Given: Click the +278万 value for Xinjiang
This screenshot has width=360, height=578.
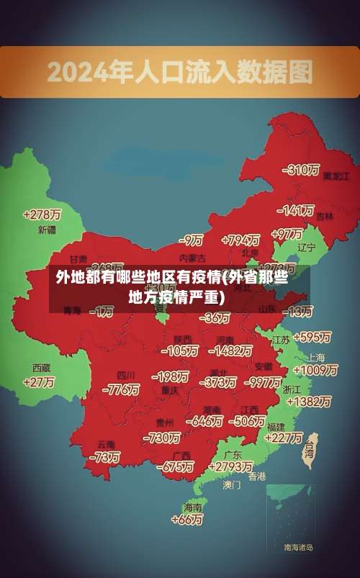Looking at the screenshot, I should (42, 215).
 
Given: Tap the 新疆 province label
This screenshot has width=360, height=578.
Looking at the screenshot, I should (47, 230).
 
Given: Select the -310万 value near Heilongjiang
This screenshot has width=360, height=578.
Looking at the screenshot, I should (302, 170).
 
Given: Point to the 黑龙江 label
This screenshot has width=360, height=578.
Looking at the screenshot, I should (335, 175).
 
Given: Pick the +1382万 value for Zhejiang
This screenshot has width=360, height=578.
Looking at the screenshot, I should (312, 402).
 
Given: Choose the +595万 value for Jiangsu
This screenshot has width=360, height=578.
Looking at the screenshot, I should (312, 337).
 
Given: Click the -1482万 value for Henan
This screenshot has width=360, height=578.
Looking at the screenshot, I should (230, 351).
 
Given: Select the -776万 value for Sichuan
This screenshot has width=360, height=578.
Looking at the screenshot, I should (121, 389).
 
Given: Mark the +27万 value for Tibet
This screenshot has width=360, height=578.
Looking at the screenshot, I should (39, 382).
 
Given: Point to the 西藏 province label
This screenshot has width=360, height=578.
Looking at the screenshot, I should (41, 367).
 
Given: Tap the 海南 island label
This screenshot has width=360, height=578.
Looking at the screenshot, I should (192, 507).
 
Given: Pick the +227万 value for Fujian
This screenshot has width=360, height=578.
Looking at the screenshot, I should (284, 437).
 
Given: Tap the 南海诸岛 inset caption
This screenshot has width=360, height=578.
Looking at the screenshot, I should (299, 547).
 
